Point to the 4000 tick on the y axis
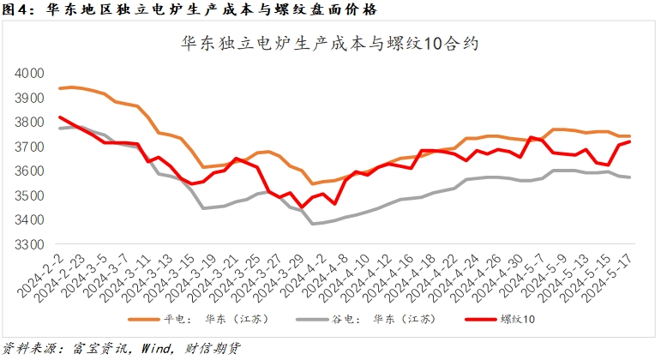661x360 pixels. click(x=33, y=74)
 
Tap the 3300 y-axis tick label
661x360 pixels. click(x=33, y=244)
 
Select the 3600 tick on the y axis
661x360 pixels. click(x=33, y=171)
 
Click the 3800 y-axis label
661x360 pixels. click(x=33, y=123)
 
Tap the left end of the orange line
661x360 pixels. click(x=59, y=88)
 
